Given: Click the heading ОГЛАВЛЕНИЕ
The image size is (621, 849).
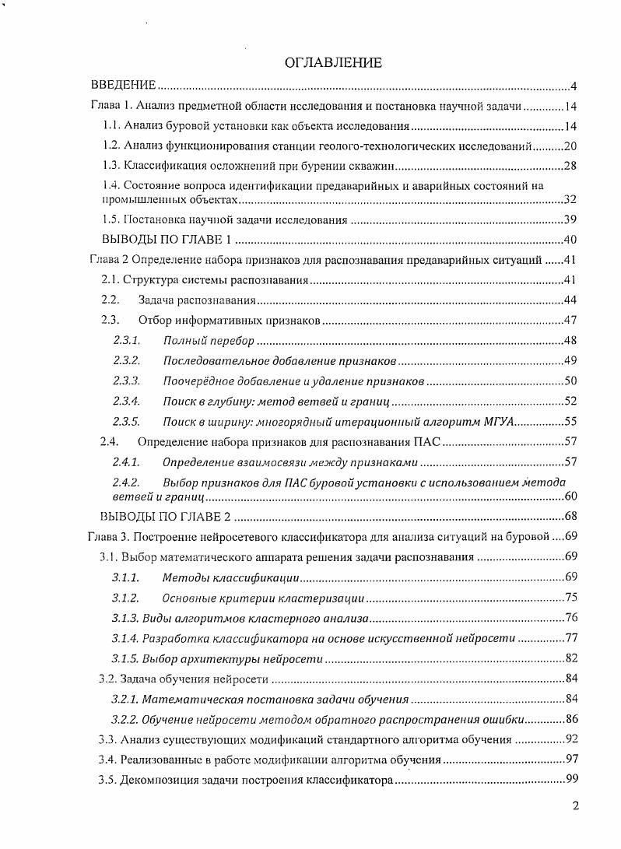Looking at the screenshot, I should pyautogui.click(x=333, y=63).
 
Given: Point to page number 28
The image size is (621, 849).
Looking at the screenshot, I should pyautogui.click(x=569, y=166).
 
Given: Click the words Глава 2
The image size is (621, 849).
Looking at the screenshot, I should pyautogui.click(x=109, y=260).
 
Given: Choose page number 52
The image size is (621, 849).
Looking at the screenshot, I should pyautogui.click(x=569, y=402).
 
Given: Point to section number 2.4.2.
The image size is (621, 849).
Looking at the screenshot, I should pyautogui.click(x=126, y=482).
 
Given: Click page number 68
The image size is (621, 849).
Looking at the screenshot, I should pyautogui.click(x=569, y=517).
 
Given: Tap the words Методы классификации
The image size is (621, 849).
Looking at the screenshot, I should pyautogui.click(x=230, y=577).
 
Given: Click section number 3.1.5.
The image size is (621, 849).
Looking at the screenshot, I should pyautogui.click(x=125, y=658).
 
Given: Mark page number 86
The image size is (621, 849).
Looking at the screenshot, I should pyautogui.click(x=569, y=719).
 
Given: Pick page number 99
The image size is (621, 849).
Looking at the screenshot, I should pyautogui.click(x=569, y=780).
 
